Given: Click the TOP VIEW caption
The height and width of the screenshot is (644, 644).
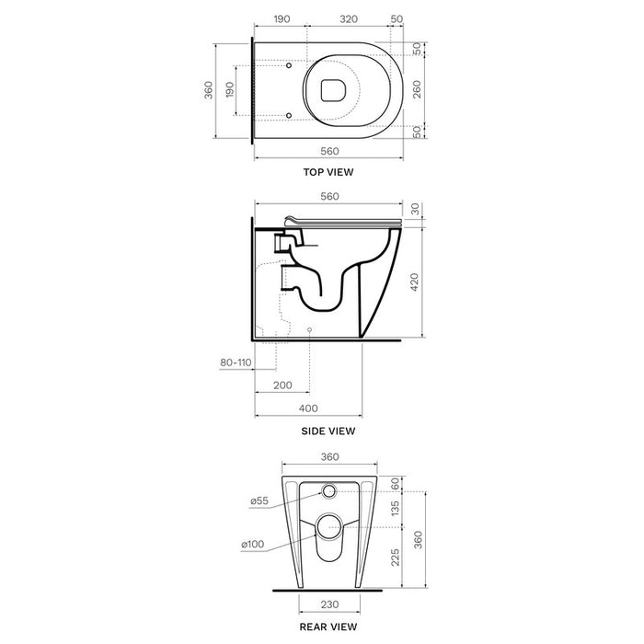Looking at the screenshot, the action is click(328, 172).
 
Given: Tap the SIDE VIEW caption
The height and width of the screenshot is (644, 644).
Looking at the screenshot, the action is click(328, 431).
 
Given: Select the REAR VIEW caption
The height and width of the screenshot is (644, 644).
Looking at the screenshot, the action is click(328, 627).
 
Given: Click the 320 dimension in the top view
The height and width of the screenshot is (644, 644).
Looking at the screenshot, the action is click(349, 19).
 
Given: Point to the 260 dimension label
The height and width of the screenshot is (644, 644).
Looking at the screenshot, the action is click(417, 89).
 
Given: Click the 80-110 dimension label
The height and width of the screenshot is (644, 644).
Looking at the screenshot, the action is click(236, 362).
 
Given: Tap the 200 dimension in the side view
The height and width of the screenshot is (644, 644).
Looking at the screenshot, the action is click(282, 385).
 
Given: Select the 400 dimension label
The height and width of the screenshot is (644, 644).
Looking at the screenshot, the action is click(308, 408).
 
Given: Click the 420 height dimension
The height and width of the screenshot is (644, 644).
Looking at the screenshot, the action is click(414, 282).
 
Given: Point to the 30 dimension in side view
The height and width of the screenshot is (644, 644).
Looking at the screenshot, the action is click(415, 209).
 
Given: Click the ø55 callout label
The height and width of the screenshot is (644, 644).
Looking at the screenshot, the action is click(259, 501).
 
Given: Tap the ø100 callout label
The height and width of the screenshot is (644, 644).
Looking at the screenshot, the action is click(253, 545).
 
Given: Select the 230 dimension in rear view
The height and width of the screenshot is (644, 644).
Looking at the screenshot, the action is click(329, 604).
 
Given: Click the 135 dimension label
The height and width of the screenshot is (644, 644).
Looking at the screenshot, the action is click(395, 509).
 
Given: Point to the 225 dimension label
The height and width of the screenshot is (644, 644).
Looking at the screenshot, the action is click(395, 558).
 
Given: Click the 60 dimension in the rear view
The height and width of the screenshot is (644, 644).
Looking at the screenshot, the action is click(395, 483).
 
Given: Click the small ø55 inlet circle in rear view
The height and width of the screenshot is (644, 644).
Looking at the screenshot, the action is click(328, 490).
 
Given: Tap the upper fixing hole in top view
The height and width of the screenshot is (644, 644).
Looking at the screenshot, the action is click(289, 65).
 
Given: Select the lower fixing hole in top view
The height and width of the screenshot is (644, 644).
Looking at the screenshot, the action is click(289, 115).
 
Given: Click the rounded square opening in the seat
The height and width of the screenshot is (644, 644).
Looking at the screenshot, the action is click(333, 90).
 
